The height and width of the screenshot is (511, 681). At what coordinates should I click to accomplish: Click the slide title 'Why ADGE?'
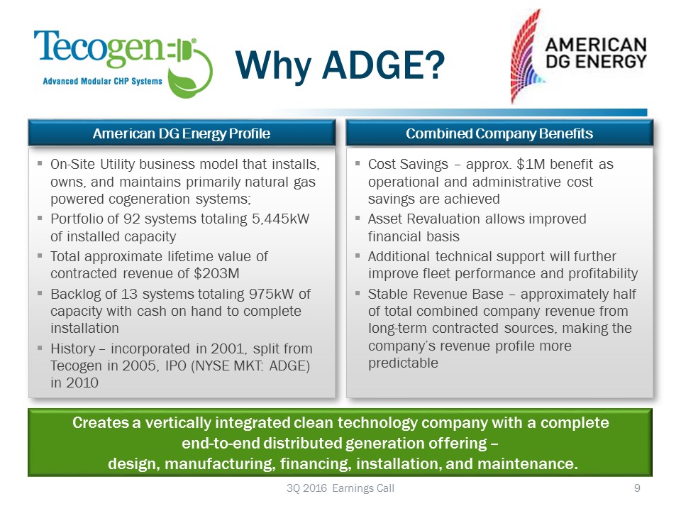point(340,65)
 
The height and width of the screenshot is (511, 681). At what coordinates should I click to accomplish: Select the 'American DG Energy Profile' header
point(182,133)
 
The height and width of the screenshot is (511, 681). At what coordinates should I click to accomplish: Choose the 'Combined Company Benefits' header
point(499,133)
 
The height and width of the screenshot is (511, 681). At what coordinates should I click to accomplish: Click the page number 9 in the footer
point(637,488)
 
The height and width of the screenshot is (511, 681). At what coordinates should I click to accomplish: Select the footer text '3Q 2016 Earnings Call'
point(335,488)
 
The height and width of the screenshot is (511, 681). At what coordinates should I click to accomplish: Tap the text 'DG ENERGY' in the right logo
point(597,60)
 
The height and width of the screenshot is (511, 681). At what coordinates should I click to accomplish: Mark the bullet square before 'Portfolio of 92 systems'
point(40,219)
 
